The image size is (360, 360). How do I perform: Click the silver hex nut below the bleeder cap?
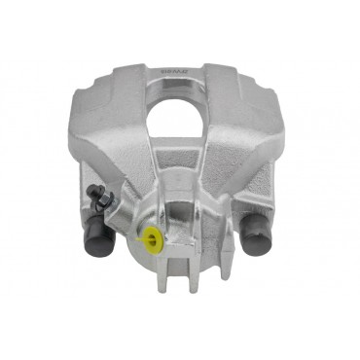point(105,206)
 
